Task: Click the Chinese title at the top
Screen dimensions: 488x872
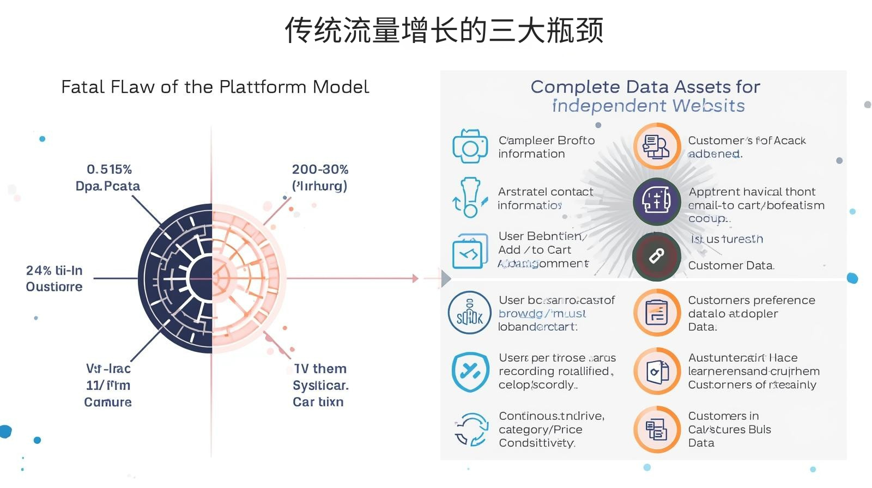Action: click(x=444, y=30)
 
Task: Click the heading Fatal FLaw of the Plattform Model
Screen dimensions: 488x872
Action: click(x=215, y=87)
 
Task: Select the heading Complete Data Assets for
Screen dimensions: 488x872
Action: click(x=645, y=87)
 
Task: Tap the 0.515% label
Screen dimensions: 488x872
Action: click(x=109, y=169)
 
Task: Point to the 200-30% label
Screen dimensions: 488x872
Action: click(x=320, y=169)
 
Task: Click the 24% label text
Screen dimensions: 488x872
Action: click(x=54, y=271)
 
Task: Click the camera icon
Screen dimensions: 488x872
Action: click(x=469, y=147)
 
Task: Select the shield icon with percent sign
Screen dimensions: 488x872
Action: click(x=469, y=371)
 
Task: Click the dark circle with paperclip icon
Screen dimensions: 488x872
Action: click(x=657, y=257)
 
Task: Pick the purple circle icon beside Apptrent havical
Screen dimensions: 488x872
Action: click(x=657, y=202)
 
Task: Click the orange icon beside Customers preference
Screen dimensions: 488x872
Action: click(x=657, y=313)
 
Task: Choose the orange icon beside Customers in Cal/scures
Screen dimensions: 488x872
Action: click(x=657, y=429)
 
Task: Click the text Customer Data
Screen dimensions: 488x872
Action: click(x=730, y=266)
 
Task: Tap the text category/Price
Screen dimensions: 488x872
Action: click(x=540, y=430)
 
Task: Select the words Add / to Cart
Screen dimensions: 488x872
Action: click(x=534, y=250)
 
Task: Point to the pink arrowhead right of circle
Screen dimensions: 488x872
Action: click(x=415, y=278)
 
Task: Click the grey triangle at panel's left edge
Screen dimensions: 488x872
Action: click(x=446, y=278)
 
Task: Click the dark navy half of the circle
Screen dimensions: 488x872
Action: click(x=174, y=278)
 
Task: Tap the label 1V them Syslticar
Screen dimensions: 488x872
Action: click(x=320, y=377)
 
